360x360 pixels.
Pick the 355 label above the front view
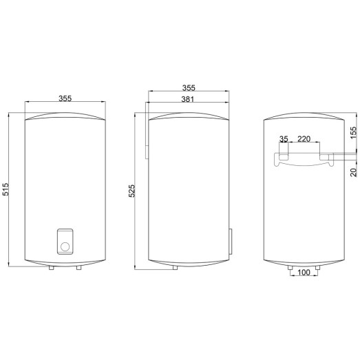pos(65,98)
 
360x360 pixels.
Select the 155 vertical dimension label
pos(353,134)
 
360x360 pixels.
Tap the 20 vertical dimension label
pos(353,172)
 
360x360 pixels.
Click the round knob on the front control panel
pos(65,245)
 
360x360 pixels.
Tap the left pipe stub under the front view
pos(52,267)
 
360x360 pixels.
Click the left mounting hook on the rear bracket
pos(283,158)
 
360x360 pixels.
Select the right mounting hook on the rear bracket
pos(326,158)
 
